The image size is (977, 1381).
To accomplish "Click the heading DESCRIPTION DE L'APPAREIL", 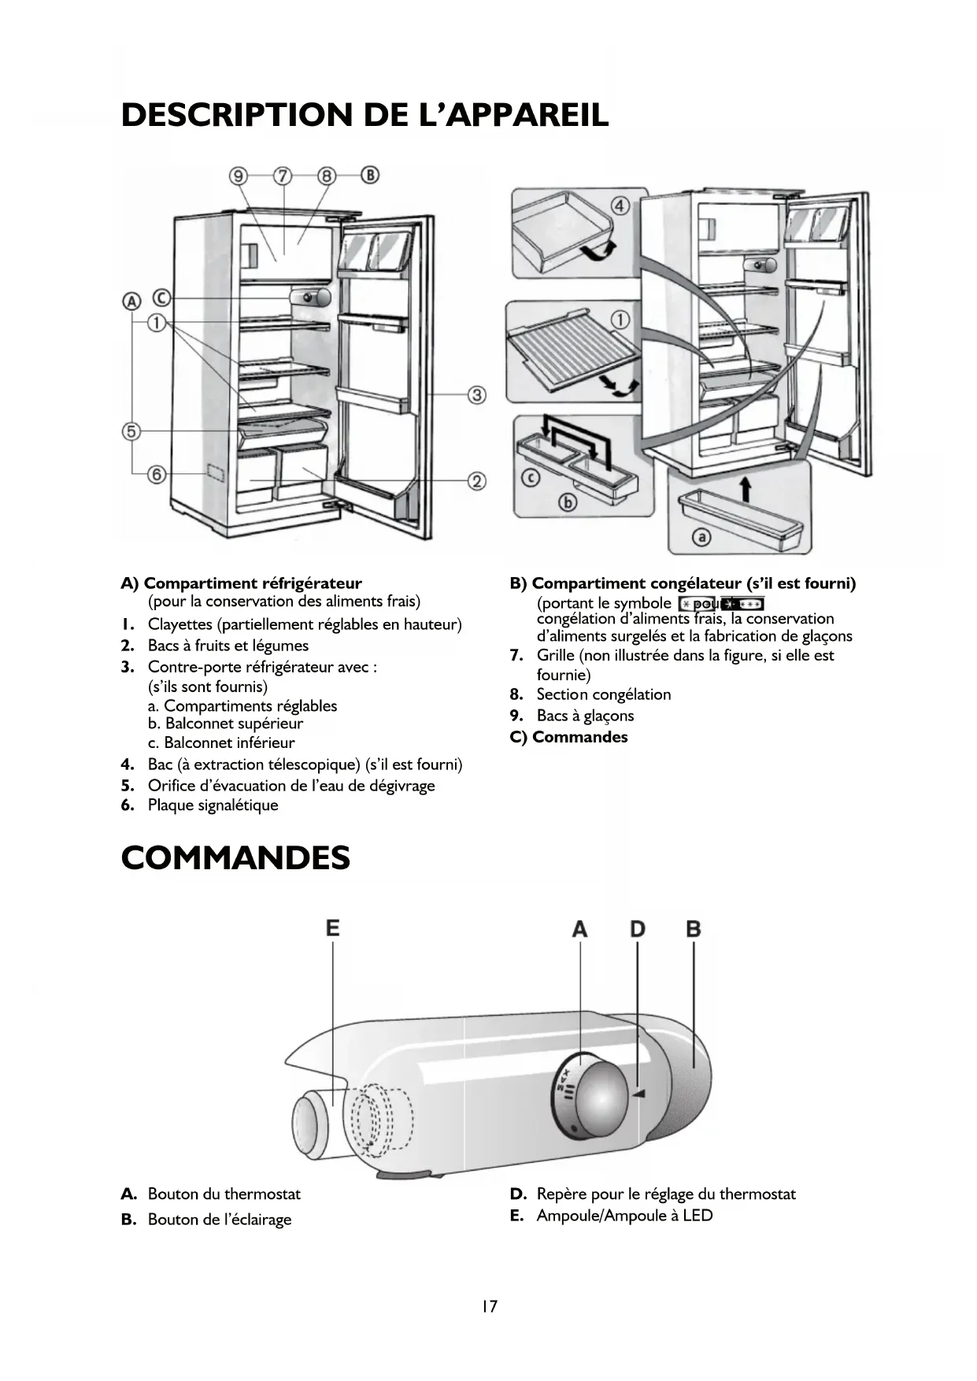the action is [x=365, y=115].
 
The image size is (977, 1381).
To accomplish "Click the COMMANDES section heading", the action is [x=235, y=857].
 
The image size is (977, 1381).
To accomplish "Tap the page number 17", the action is [x=489, y=1306].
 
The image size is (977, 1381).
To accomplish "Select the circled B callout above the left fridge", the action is [x=370, y=175].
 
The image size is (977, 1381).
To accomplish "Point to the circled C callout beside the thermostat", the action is [x=161, y=298].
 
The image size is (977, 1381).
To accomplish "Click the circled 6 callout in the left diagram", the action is [x=157, y=474].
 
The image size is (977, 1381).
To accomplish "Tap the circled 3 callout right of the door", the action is [x=477, y=394].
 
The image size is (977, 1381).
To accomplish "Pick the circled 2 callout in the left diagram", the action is [x=477, y=480].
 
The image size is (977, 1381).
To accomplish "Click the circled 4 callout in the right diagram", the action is [x=620, y=206].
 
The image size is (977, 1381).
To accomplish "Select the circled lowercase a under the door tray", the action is [x=701, y=537].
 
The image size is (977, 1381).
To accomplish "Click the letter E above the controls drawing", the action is [x=333, y=928].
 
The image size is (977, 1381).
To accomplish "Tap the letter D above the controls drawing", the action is [x=637, y=929].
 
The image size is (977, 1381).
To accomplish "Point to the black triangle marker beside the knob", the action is [x=638, y=1094].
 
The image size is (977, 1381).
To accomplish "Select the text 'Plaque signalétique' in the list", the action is [x=213, y=805].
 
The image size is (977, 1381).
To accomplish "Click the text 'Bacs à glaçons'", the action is [x=585, y=716].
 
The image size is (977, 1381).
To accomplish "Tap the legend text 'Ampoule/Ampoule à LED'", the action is [x=624, y=1216].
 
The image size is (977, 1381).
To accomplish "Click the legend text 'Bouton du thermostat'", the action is [x=224, y=1194].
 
